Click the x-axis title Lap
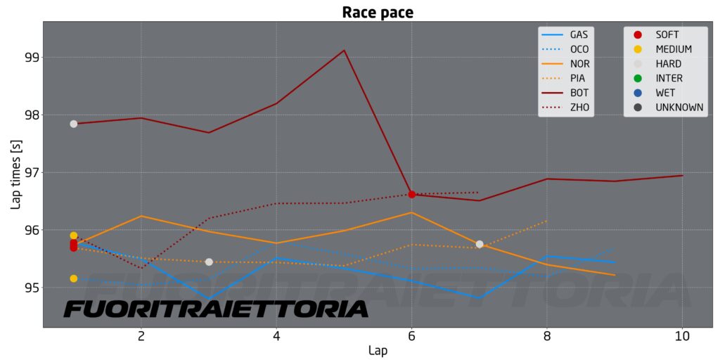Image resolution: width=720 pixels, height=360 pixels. coord(378,349)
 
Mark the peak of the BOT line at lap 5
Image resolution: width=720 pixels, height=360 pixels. coord(344,51)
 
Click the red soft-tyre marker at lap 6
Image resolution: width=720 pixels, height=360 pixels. coord(412,194)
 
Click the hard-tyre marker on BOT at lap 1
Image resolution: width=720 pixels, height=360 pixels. coord(74,124)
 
